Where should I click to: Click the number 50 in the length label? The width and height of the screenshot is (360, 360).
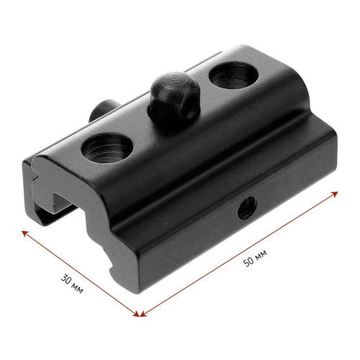248,261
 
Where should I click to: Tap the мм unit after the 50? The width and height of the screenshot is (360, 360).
261,254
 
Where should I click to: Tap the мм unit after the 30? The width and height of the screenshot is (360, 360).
78,289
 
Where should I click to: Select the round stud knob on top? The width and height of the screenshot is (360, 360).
175,99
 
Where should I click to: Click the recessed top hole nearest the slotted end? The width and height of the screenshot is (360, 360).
107,148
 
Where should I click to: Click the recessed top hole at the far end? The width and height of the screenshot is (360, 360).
233,76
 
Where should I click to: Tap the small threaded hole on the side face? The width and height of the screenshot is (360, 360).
247,207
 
